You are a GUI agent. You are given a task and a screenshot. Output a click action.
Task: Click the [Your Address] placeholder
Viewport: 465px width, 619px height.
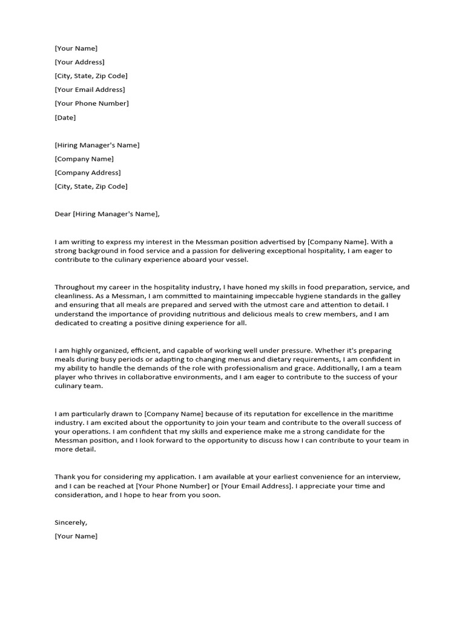79,62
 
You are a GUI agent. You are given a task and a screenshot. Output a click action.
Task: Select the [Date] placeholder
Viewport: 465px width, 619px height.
65,117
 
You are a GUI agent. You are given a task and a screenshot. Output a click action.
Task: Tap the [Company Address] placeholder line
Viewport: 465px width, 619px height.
87,172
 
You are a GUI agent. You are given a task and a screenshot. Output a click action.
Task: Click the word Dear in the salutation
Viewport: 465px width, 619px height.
63,213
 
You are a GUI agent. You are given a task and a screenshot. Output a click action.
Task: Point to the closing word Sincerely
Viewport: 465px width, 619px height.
71,522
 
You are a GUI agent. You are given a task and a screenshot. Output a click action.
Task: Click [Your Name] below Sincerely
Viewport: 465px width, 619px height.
76,536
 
